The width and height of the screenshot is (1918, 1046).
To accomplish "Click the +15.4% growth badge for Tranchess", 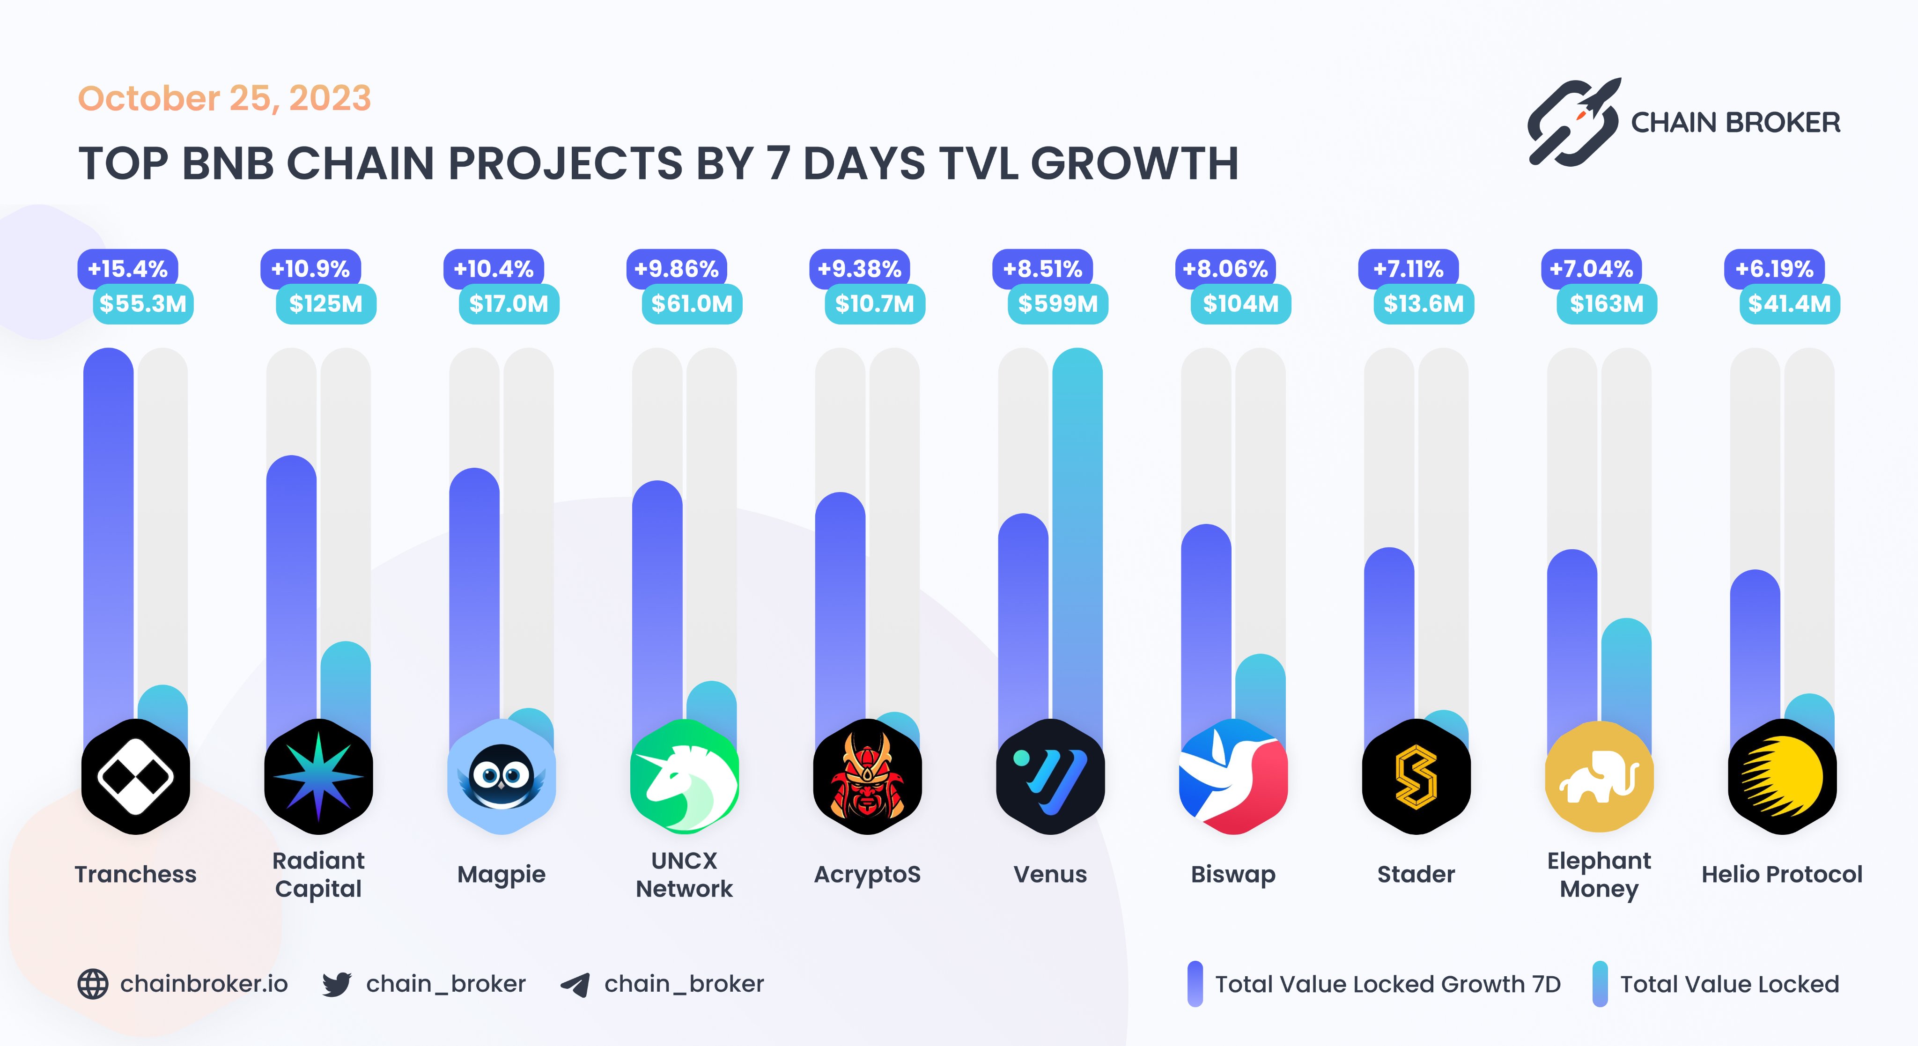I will click(x=128, y=269).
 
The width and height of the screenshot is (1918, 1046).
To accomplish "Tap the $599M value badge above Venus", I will click(x=1057, y=304).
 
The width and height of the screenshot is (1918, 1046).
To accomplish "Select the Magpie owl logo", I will click(x=501, y=776).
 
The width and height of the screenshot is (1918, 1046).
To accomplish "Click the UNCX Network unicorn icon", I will click(x=684, y=776).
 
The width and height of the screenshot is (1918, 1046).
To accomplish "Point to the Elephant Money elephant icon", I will click(x=1599, y=776).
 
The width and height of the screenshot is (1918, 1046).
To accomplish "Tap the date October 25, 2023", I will click(x=224, y=98).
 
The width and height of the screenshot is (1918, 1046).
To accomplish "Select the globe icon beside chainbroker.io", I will click(x=93, y=984).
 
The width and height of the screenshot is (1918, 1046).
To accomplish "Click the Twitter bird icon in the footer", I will click(x=337, y=984).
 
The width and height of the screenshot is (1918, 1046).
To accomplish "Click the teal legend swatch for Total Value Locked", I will click(x=1599, y=984).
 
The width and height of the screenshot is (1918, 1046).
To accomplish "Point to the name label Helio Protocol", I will click(x=1782, y=874).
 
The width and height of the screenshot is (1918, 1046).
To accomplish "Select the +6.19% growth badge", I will click(x=1774, y=269).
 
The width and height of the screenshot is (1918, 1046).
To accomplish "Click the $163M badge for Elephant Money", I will click(x=1606, y=304).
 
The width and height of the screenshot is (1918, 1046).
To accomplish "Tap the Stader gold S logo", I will click(x=1416, y=776).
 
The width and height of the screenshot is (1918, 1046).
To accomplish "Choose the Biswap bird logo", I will click(x=1233, y=776).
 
